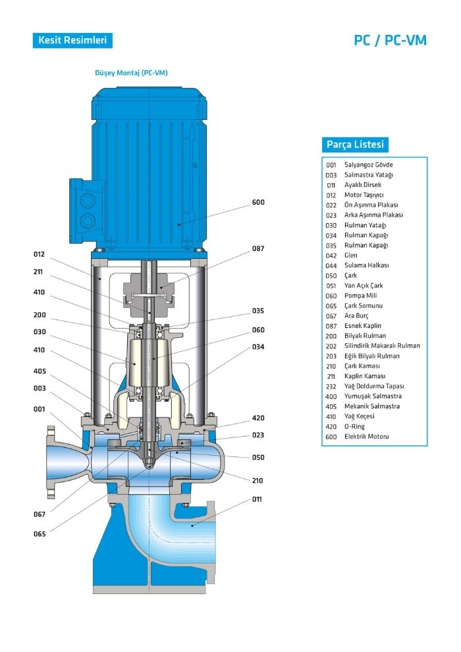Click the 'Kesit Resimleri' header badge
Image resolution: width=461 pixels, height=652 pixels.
point(72,40)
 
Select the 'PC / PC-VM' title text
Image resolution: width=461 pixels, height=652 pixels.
point(390,40)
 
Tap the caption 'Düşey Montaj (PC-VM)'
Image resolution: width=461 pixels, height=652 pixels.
point(131,72)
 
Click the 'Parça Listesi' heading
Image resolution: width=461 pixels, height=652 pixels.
point(355,144)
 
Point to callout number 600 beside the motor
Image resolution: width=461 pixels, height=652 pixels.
point(258,202)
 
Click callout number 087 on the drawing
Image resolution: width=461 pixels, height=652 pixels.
point(258,249)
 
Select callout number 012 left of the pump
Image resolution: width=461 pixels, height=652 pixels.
point(39,254)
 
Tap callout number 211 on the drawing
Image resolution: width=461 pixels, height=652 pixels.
point(38,272)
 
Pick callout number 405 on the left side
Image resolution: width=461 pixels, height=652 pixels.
point(40,371)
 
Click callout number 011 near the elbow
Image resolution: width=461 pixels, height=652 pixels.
point(258,499)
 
